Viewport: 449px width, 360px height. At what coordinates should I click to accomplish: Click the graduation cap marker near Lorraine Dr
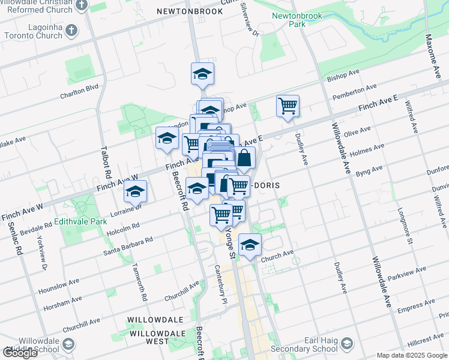(x=135, y=192)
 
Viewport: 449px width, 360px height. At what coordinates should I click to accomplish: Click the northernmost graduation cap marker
(x=203, y=74)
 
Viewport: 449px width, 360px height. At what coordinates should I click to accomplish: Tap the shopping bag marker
(x=244, y=159)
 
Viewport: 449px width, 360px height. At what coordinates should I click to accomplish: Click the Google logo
(x=20, y=353)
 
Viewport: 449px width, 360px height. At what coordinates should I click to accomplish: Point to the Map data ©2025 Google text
(x=412, y=355)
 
